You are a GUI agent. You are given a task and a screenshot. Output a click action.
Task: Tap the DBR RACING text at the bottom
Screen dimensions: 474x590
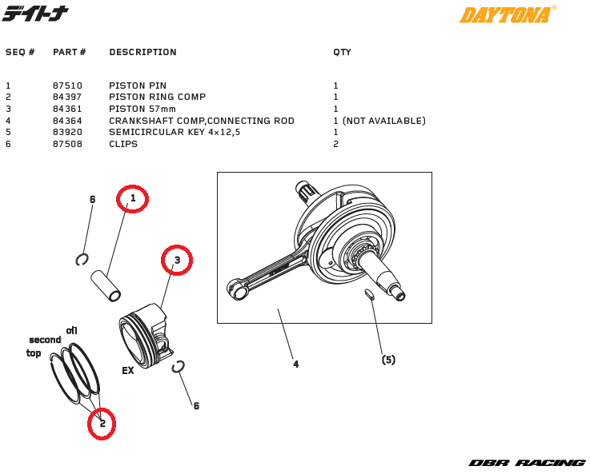tap(527, 463)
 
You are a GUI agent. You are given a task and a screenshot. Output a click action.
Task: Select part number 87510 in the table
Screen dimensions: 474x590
tap(67, 86)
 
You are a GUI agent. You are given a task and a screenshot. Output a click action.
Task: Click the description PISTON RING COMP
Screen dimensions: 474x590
tap(157, 97)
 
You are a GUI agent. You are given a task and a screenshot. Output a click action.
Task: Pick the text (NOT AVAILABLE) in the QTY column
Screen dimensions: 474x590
tap(383, 121)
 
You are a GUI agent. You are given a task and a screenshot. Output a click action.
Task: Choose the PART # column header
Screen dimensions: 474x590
tap(69, 52)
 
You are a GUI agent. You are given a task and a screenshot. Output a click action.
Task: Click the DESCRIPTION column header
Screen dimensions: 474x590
tap(142, 52)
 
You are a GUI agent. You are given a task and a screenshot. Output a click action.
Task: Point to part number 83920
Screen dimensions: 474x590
tap(67, 132)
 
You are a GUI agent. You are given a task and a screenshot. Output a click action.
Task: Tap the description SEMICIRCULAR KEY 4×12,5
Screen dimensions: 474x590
tap(175, 132)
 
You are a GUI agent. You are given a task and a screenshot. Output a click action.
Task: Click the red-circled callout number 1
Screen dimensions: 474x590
tap(133, 198)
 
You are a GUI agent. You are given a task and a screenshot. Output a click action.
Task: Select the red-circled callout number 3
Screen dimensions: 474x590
tap(177, 260)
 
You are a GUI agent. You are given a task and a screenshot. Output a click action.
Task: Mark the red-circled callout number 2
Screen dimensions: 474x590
tap(102, 424)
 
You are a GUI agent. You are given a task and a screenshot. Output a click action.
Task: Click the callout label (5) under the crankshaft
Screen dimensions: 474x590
tap(388, 360)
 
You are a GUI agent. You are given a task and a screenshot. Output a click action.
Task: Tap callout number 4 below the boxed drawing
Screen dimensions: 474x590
tap(295, 364)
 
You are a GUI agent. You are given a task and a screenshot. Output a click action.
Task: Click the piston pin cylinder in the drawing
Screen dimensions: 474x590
tap(106, 285)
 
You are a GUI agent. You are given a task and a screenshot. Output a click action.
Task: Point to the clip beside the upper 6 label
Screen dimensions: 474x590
tap(82, 258)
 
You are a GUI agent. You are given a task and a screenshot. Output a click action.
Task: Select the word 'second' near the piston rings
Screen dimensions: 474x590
tap(45, 340)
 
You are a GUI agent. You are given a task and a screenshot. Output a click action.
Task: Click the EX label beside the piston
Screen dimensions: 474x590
tap(127, 371)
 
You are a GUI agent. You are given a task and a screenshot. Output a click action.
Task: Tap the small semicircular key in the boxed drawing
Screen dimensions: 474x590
tap(369, 294)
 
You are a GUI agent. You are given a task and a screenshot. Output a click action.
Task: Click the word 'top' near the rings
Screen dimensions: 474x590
tap(34, 353)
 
